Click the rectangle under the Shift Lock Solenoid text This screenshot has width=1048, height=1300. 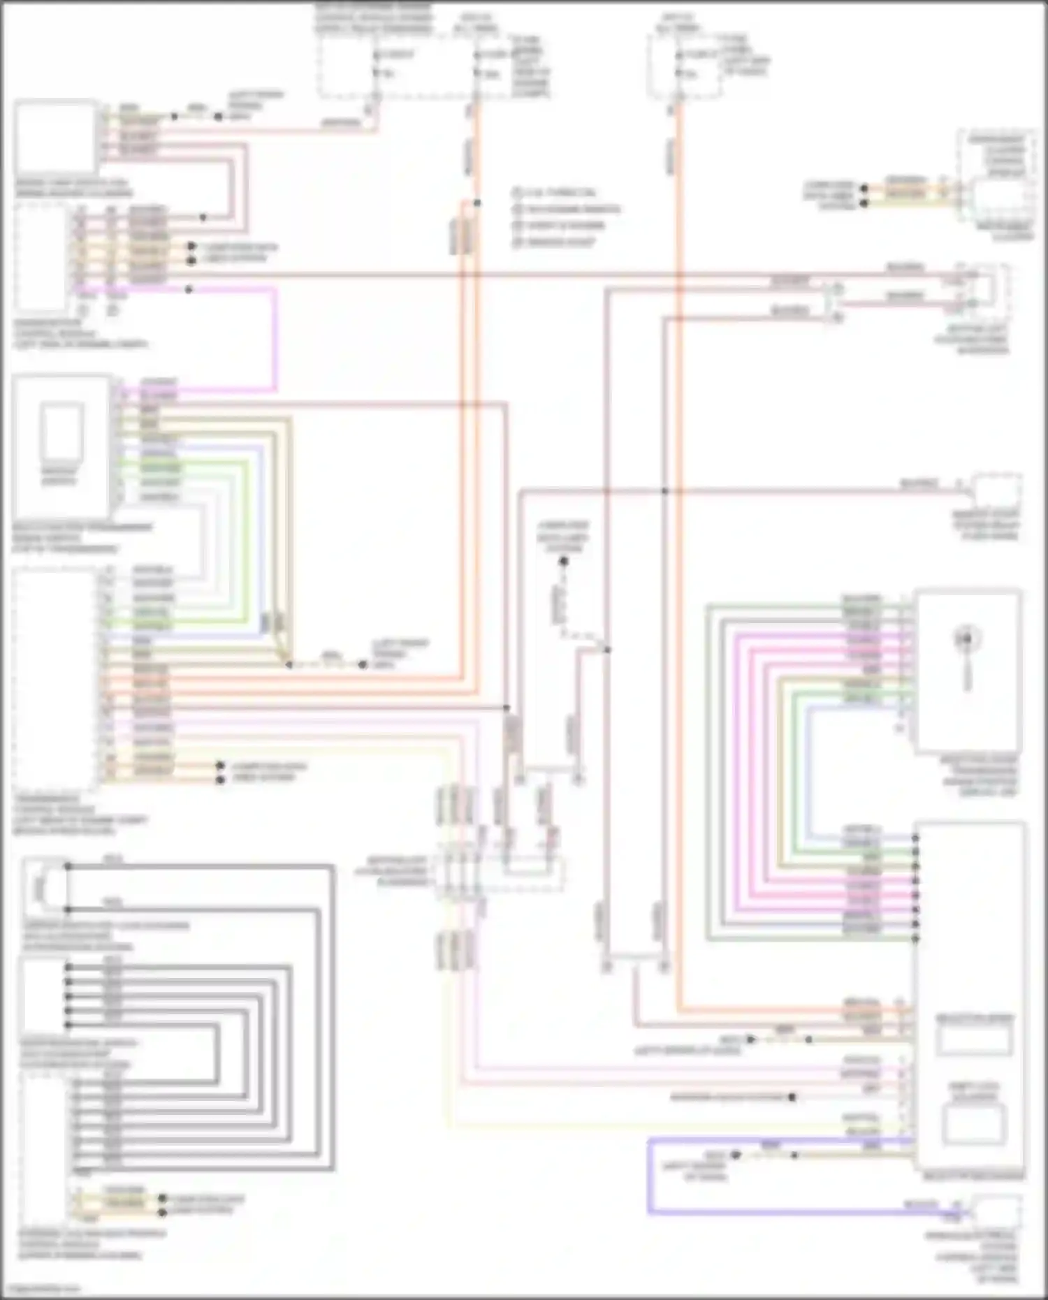point(972,1123)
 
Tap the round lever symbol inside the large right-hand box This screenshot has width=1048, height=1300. point(967,638)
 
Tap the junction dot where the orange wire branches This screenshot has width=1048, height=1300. point(477,203)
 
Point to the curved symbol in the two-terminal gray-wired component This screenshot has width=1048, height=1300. point(40,888)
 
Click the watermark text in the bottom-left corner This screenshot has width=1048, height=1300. point(42,1287)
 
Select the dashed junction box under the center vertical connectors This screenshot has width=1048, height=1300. point(500,872)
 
